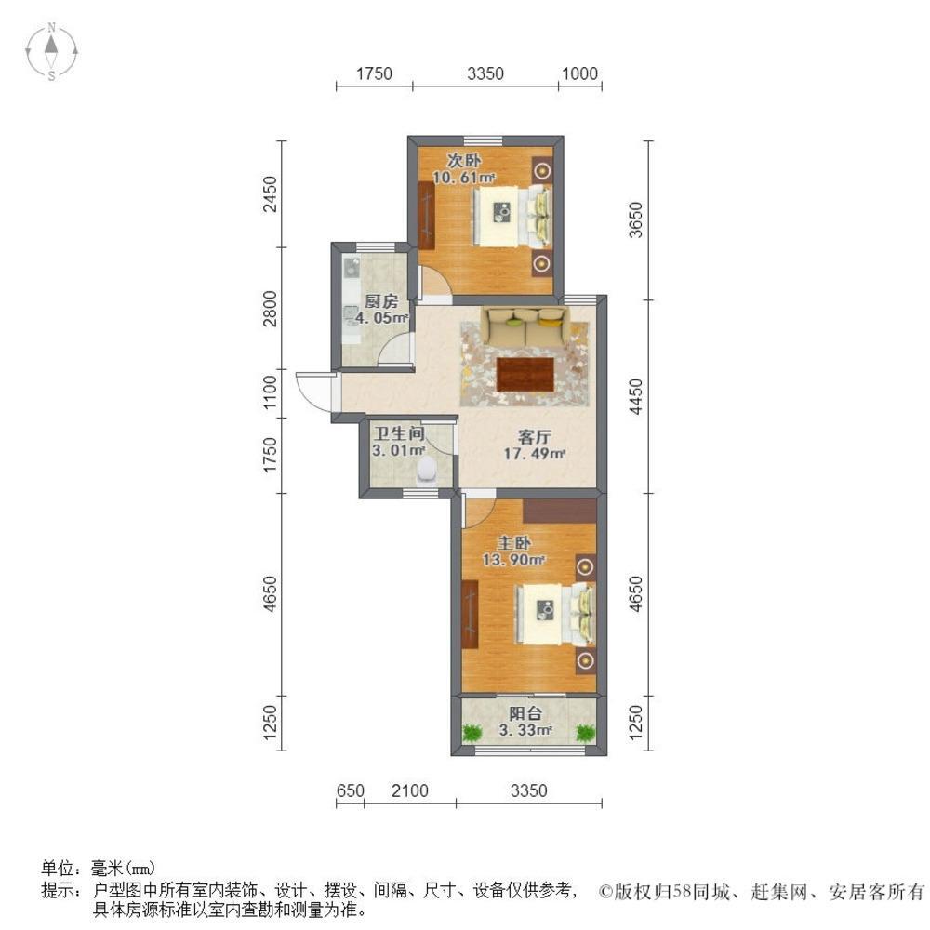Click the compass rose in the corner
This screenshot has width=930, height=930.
coord(53,51)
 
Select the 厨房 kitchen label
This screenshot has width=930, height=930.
coord(381,300)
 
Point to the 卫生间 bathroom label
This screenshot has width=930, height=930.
coord(399,433)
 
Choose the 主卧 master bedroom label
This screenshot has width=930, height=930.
coord(511,541)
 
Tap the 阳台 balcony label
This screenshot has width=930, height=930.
coord(526,713)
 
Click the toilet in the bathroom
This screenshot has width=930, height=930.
coord(427,471)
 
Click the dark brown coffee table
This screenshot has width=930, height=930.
coord(526,374)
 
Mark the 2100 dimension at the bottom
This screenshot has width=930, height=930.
coord(409,791)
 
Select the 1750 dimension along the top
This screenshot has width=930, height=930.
coord(375,73)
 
